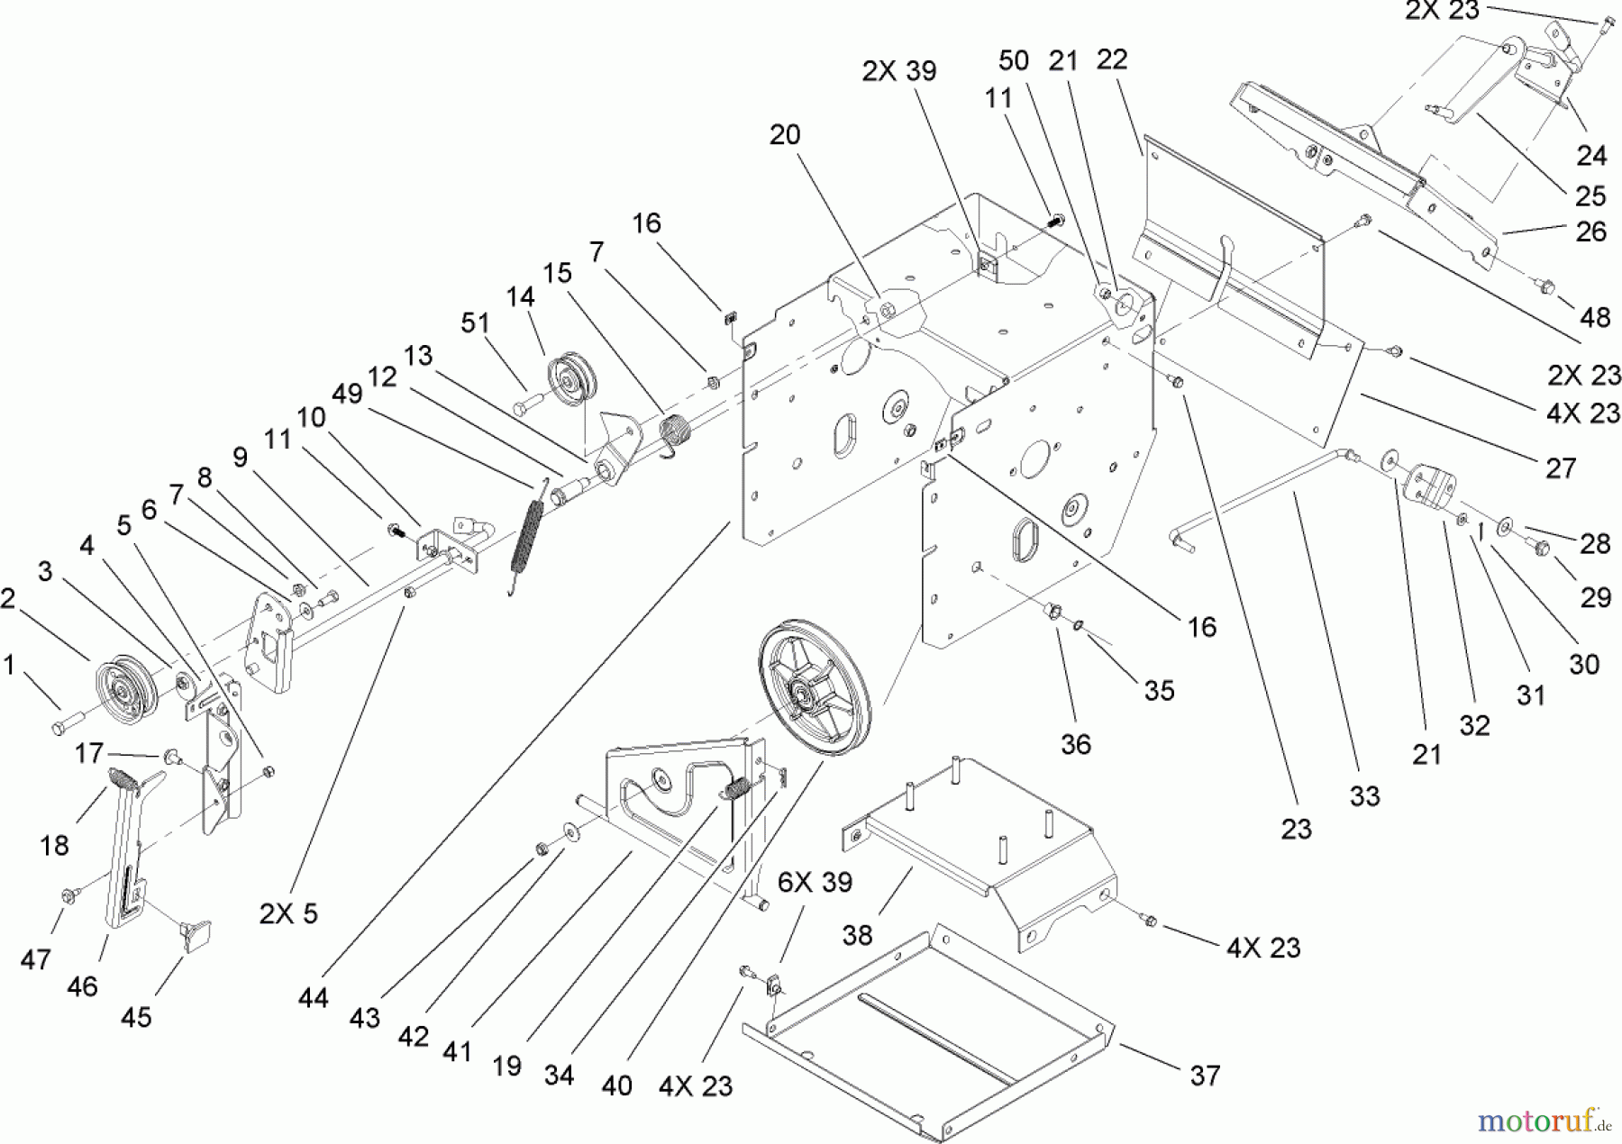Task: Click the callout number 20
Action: click(x=784, y=135)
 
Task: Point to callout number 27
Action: click(x=1561, y=468)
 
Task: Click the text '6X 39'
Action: click(x=815, y=882)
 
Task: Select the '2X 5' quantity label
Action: click(x=288, y=913)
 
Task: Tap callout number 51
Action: click(x=475, y=323)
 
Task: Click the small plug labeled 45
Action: click(x=195, y=934)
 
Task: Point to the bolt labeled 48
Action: click(x=1545, y=287)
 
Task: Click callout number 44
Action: click(x=314, y=997)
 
